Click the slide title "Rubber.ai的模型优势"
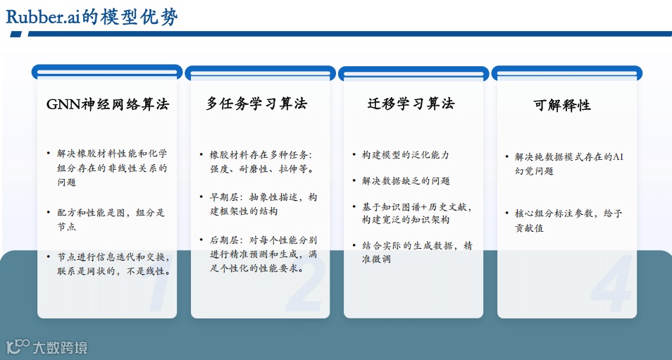click(92, 16)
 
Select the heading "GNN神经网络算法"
click(108, 104)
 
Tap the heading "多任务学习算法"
click(256, 104)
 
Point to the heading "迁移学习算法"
click(411, 104)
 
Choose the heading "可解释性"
click(561, 105)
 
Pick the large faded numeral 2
click(306, 285)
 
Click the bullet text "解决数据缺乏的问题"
click(401, 181)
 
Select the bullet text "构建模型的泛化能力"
click(401, 155)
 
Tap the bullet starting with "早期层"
click(263, 204)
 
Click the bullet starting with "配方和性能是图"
click(111, 219)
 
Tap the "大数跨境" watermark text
click(60, 347)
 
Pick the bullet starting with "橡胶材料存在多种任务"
click(262, 161)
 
